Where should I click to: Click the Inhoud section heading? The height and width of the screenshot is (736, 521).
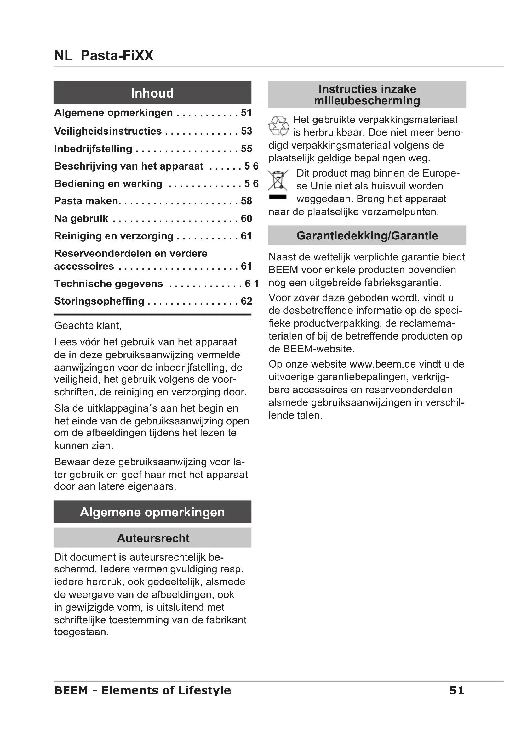152,93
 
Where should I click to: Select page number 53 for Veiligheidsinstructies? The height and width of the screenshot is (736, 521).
246,131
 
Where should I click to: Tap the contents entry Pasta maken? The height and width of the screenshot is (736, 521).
87,201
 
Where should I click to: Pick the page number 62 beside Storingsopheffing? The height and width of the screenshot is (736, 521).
246,301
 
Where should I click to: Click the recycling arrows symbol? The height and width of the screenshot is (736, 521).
278,126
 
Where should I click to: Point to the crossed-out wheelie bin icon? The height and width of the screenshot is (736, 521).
278,181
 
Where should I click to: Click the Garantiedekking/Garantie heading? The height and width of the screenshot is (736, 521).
367,236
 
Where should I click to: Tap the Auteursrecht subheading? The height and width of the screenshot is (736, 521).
153,538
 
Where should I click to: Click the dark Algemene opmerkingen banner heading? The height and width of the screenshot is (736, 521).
152,512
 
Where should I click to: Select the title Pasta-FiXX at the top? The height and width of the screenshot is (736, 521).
117,55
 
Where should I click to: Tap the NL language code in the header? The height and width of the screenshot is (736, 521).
63,55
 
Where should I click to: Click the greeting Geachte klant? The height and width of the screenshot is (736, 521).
88,326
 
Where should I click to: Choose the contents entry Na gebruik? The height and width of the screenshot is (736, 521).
81,219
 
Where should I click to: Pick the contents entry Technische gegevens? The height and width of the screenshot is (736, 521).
108,284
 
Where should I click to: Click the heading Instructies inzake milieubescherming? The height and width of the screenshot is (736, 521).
367,95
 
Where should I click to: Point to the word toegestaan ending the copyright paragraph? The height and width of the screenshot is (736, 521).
81,632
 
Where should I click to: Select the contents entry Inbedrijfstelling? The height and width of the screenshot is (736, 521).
93,149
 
